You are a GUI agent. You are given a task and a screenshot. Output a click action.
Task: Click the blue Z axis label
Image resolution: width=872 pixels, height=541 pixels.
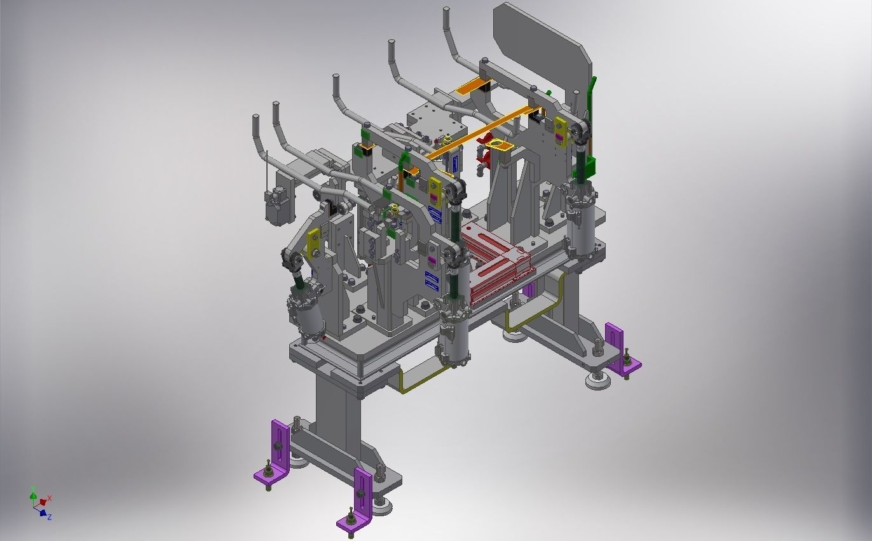(x=50, y=517)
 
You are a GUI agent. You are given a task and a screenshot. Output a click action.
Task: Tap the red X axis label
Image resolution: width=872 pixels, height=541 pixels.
(x=50, y=498)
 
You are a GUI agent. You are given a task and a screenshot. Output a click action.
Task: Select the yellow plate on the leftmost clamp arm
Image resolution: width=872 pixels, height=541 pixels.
(x=314, y=243)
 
